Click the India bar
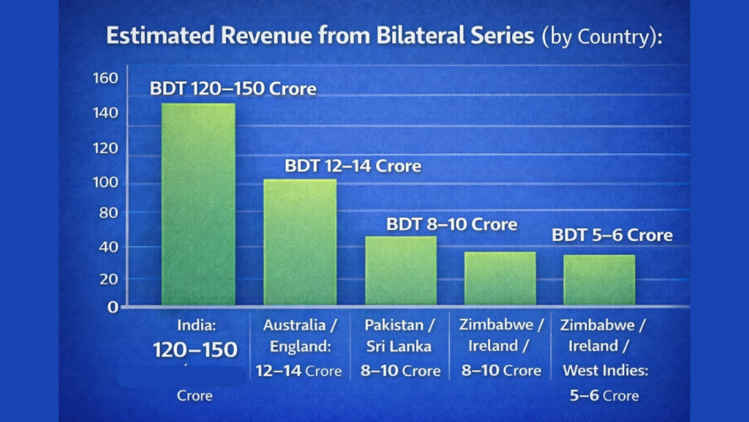pyautogui.click(x=198, y=204)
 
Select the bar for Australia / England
pyautogui.click(x=300, y=242)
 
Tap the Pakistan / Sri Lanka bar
pyautogui.click(x=401, y=270)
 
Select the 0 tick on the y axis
pyautogui.click(x=113, y=307)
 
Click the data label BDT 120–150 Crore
pyautogui.click(x=233, y=89)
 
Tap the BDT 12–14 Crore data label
pyautogui.click(x=353, y=166)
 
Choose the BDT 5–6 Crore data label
pyautogui.click(x=611, y=235)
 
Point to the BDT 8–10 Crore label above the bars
pyautogui.click(x=451, y=223)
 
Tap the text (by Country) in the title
pyautogui.click(x=601, y=37)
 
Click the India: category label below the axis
pyautogui.click(x=196, y=325)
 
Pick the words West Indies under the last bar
pyautogui.click(x=605, y=371)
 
